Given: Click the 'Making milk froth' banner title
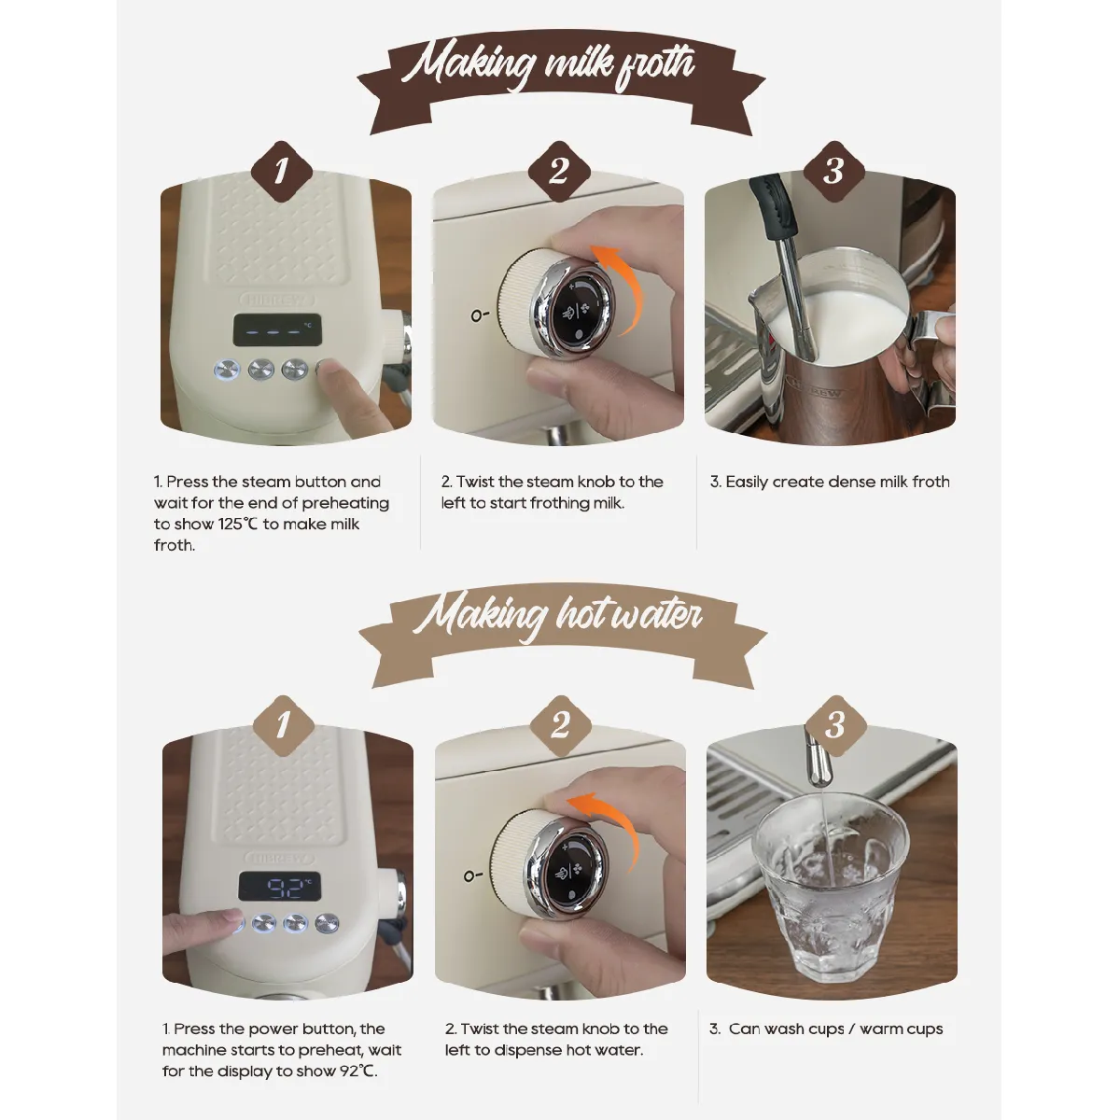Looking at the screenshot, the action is (549, 65).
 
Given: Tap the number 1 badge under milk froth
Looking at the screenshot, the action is (282, 171).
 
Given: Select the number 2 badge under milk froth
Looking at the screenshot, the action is (559, 171).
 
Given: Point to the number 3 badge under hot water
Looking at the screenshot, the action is (835, 725).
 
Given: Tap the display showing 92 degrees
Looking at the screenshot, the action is (280, 886).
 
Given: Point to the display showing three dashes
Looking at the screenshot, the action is (277, 330).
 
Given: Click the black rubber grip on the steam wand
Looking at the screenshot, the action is (772, 206).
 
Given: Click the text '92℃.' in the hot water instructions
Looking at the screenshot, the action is (358, 1071).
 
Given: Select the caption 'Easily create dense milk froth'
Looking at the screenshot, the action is (837, 483).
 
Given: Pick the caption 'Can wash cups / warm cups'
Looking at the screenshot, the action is (835, 1029).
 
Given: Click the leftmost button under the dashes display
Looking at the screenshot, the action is (227, 369).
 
